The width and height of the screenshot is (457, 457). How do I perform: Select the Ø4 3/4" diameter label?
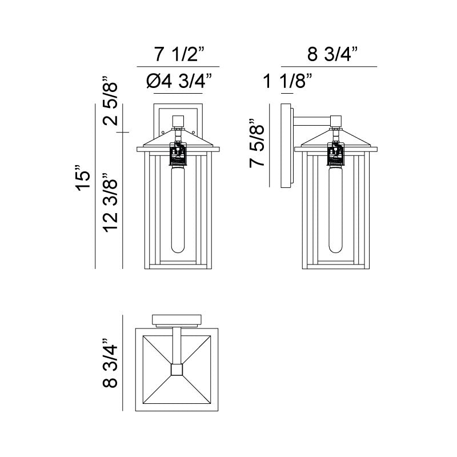pos(179,81)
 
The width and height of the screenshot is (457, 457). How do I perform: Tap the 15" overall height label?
pos(83,178)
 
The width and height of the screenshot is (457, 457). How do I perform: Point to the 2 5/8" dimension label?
pos(110,101)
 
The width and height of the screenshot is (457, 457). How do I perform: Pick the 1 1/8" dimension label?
pos(287,81)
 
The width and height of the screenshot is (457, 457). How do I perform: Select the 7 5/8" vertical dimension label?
pos(256,143)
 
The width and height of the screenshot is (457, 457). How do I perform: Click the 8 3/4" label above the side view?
pos(332,54)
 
